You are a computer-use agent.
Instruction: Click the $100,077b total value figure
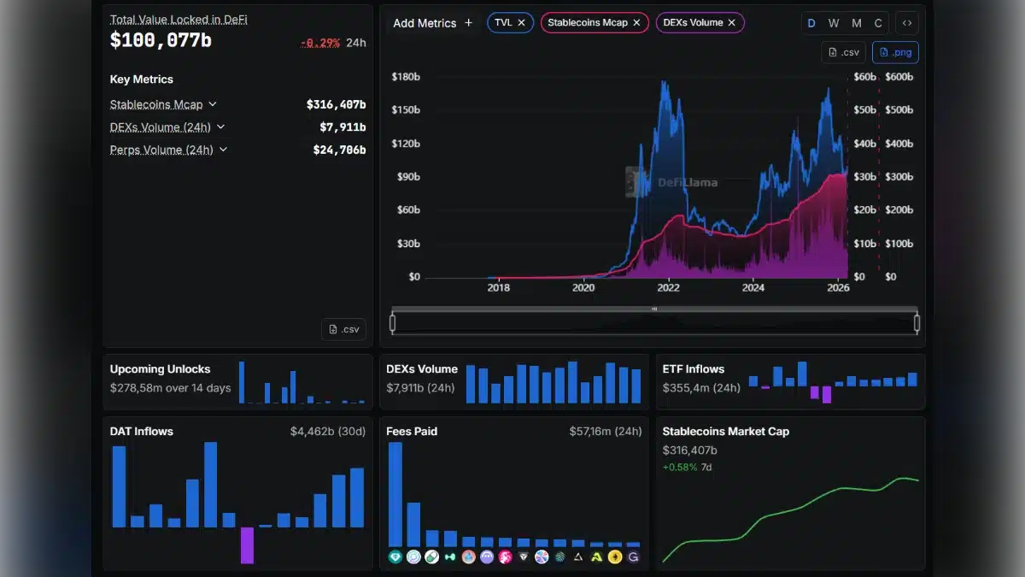161,39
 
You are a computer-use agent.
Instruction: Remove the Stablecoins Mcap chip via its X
636,23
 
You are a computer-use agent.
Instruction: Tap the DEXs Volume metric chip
693,23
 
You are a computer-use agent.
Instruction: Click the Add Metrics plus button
468,23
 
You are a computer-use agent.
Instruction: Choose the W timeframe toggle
834,23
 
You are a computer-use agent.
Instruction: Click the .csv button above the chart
844,52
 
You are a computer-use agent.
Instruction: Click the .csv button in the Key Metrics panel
343,329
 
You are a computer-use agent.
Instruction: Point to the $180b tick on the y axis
405,77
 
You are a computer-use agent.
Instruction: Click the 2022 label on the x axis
668,288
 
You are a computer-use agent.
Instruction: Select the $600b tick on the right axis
899,77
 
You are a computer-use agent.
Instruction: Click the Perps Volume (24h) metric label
161,150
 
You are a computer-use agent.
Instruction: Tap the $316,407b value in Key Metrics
336,104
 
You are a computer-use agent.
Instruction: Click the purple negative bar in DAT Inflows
247,545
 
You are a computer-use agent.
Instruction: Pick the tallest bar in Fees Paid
395,494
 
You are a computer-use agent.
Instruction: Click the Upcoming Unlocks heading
160,369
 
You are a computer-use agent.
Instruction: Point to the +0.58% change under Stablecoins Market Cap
679,468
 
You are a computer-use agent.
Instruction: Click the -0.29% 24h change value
319,43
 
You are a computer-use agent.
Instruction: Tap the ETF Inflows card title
693,369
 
